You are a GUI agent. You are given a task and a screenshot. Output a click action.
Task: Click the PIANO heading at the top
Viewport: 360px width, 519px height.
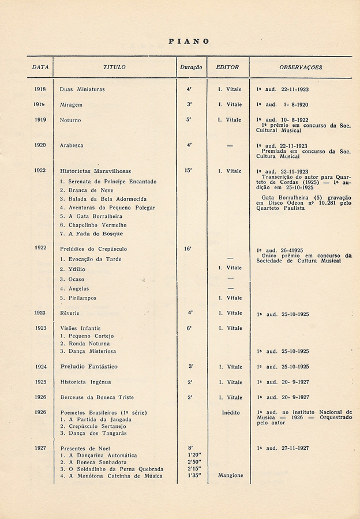(189, 42)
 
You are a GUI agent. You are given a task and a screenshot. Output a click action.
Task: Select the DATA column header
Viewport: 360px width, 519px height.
(40, 67)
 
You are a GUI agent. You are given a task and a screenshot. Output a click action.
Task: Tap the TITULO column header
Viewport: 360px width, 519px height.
(114, 67)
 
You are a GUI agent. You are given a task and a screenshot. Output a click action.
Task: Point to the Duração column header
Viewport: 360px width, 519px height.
(190, 67)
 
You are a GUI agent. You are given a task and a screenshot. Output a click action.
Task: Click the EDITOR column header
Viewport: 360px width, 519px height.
(227, 67)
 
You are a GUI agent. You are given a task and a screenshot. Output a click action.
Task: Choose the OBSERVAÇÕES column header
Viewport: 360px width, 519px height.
(301, 67)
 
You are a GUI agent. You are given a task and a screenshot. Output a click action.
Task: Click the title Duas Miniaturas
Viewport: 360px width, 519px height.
(82, 89)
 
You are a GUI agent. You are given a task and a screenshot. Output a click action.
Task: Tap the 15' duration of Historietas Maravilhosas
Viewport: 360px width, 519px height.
(188, 171)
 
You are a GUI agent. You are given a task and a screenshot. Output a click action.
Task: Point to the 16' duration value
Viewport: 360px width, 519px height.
(188, 249)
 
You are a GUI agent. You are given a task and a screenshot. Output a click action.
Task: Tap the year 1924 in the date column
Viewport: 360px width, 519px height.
(40, 367)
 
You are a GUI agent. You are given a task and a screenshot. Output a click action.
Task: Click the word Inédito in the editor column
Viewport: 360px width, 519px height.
(231, 413)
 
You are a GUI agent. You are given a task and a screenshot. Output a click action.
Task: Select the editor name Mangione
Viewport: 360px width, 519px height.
(231, 476)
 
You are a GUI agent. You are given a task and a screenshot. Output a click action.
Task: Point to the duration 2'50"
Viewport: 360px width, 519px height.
(194, 462)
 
